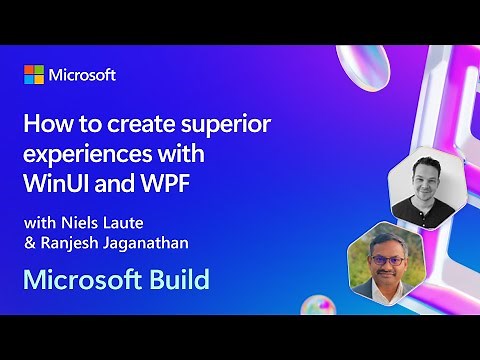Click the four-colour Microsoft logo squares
pos(34,75)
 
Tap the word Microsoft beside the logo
pos(82,75)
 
